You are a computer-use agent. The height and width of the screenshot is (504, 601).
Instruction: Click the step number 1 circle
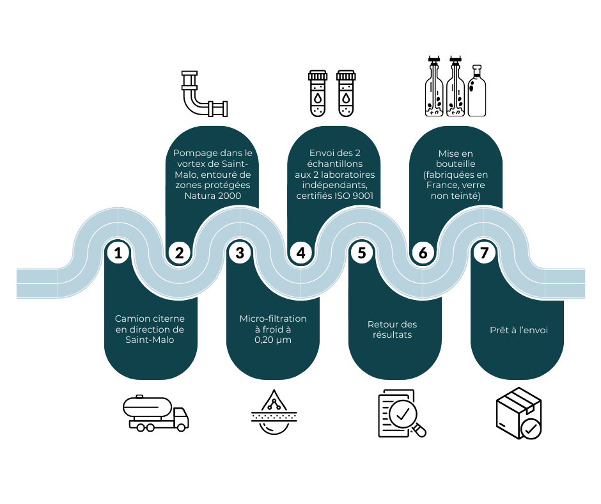118,253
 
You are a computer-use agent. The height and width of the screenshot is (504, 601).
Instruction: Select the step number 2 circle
179,253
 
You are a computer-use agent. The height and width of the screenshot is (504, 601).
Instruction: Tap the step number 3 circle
240,253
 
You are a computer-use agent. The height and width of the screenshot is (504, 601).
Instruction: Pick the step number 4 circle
300,253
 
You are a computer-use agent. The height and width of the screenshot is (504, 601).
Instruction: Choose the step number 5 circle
362,253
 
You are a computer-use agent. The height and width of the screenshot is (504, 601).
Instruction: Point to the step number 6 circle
423,253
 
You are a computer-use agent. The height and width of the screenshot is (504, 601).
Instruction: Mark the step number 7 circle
484,253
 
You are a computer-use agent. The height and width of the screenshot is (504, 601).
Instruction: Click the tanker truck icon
155,413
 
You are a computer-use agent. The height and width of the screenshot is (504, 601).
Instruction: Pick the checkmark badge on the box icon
531,428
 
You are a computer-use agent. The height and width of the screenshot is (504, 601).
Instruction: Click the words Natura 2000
213,196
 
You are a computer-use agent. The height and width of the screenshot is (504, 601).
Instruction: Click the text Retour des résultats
393,329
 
